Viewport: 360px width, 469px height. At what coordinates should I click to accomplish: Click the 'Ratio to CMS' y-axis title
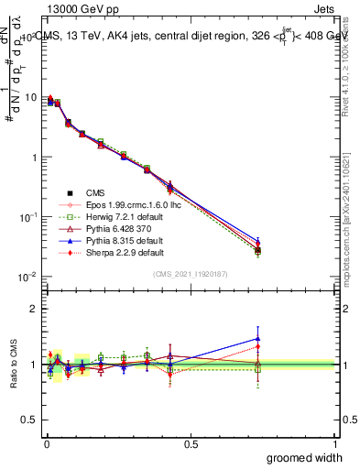13,364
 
